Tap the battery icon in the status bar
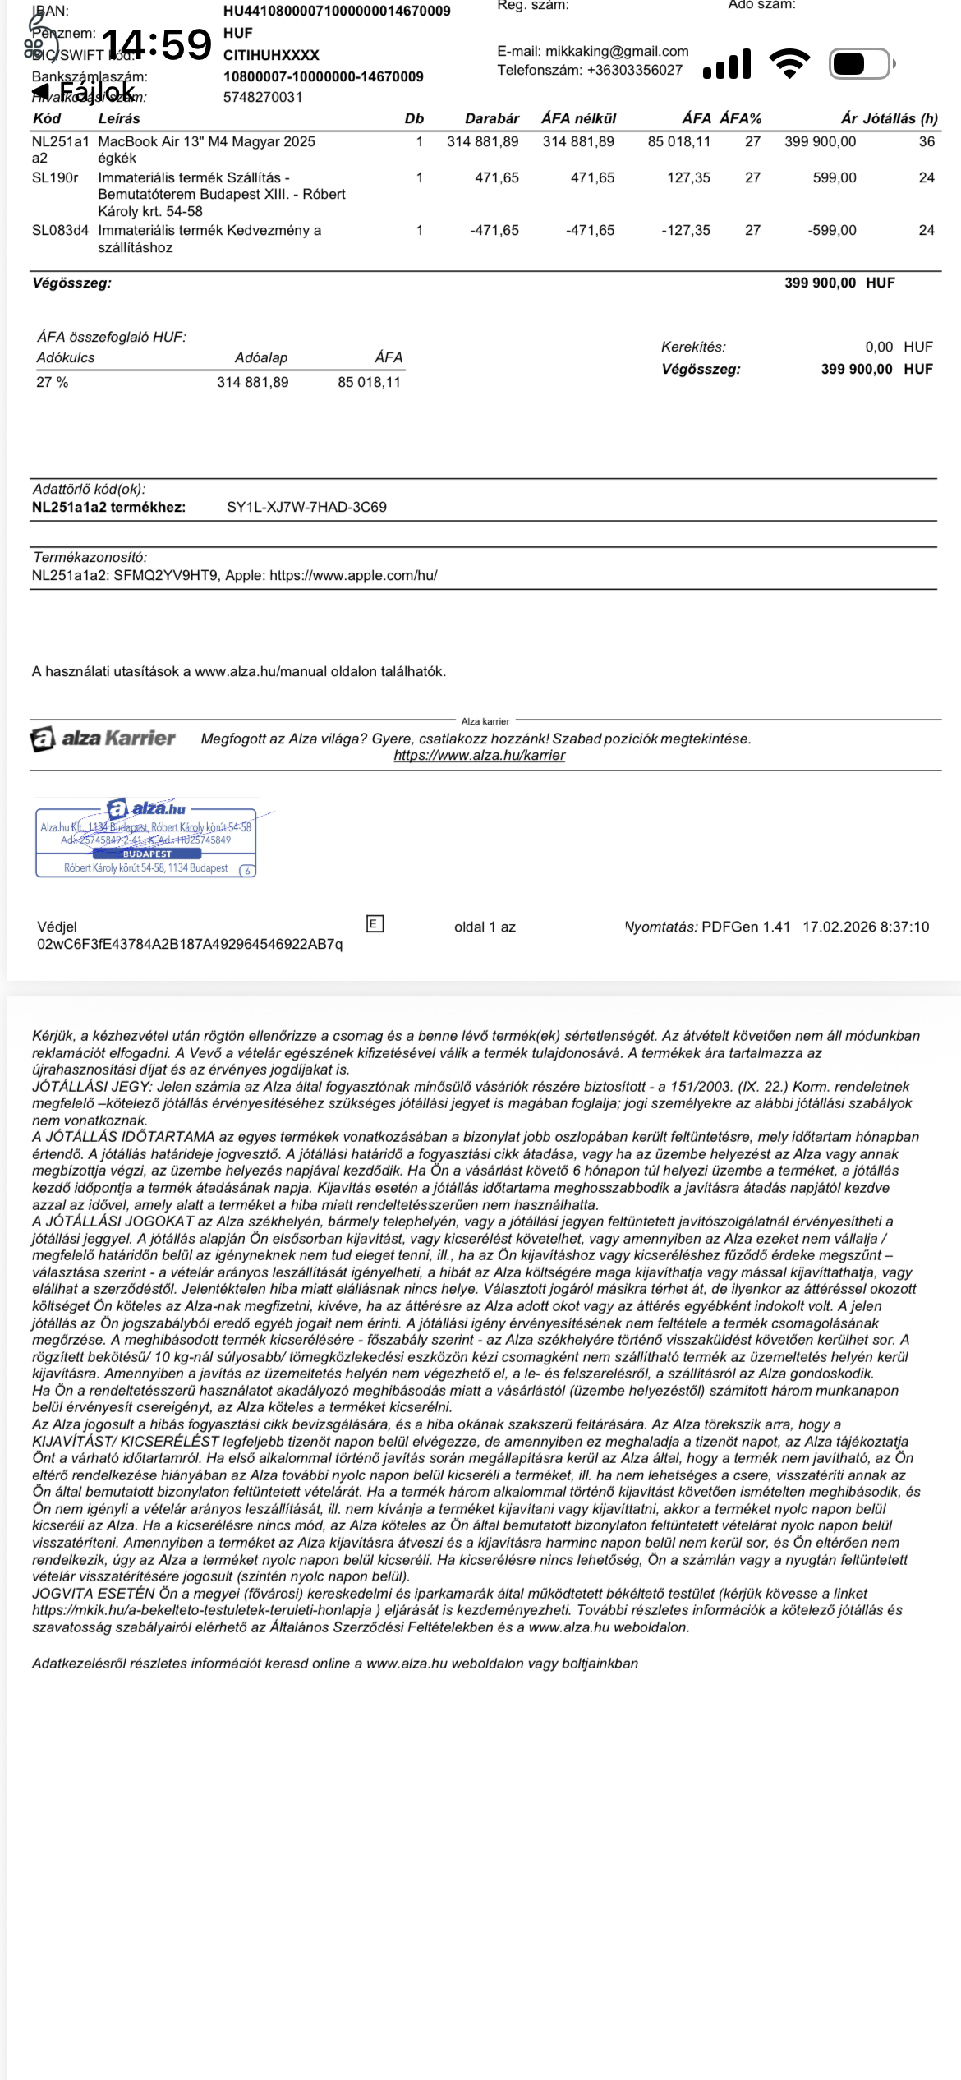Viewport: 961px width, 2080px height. click(860, 63)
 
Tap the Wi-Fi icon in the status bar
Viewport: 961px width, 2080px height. click(789, 63)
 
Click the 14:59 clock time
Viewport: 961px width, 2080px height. click(156, 44)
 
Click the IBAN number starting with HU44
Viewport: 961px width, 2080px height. click(337, 11)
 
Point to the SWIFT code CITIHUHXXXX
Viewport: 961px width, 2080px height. click(271, 55)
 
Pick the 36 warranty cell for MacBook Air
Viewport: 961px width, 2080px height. click(927, 141)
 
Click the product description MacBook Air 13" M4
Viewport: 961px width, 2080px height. click(206, 141)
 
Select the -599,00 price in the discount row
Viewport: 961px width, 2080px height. click(831, 230)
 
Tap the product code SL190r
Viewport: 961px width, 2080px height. click(55, 177)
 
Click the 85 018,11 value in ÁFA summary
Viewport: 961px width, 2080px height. click(369, 382)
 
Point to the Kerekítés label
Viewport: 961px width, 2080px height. click(693, 347)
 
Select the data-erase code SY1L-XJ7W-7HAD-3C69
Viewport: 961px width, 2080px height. click(306, 507)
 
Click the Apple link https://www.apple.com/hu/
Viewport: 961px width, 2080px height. click(353, 575)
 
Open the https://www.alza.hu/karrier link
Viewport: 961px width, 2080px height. click(479, 755)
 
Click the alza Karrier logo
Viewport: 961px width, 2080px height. click(103, 739)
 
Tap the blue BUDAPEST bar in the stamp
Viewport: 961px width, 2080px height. click(147, 854)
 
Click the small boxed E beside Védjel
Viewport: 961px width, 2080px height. click(375, 923)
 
